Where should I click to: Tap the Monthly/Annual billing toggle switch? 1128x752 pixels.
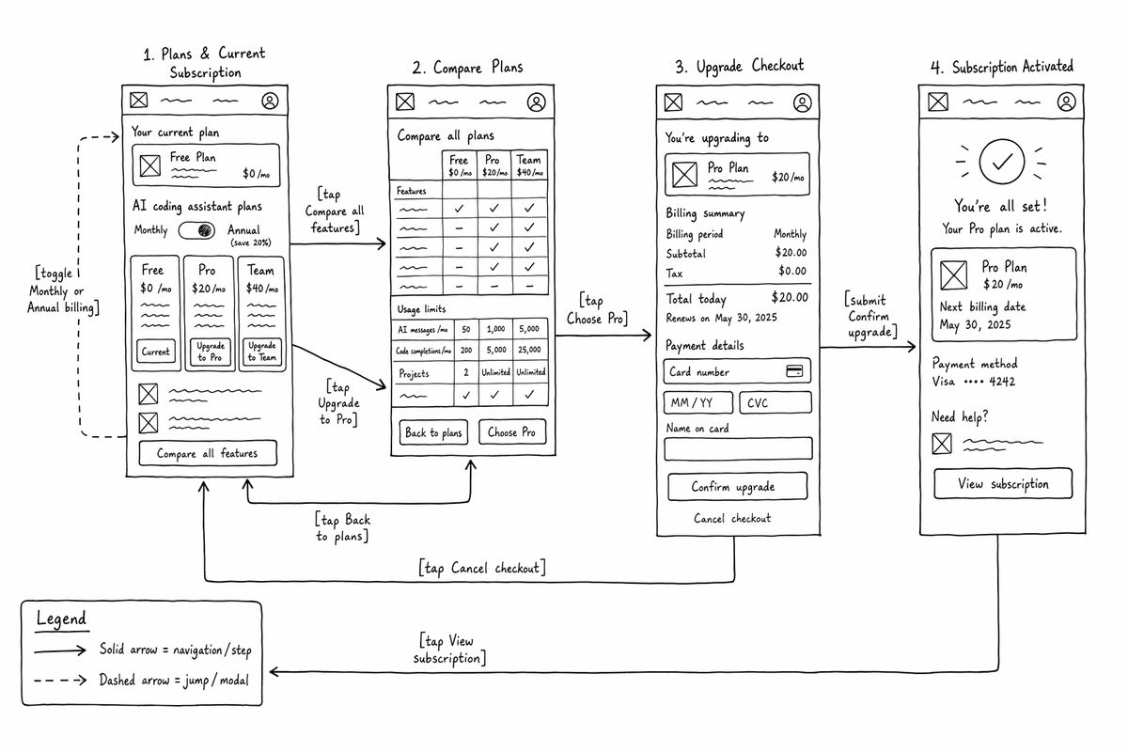(x=196, y=230)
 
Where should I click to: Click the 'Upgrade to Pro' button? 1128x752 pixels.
(x=210, y=352)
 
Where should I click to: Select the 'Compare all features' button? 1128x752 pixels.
(x=208, y=453)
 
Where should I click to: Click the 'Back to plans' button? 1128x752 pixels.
(x=433, y=432)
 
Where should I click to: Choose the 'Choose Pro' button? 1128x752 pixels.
(x=511, y=432)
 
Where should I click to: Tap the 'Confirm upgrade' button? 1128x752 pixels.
(x=737, y=487)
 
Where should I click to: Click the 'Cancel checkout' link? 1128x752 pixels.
(x=732, y=518)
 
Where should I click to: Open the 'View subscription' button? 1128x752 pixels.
(x=1003, y=484)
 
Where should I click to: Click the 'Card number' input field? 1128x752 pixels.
(x=737, y=371)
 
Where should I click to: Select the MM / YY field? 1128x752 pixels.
(x=697, y=403)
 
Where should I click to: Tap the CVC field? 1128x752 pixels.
(x=775, y=403)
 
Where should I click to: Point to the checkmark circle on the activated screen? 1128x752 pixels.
(x=1002, y=161)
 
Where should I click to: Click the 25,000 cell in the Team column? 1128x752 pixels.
(x=530, y=350)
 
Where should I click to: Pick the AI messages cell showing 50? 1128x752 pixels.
(x=466, y=329)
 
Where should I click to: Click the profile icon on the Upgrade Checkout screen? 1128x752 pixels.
(x=802, y=102)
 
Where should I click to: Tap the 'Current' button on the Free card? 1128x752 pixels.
(x=156, y=352)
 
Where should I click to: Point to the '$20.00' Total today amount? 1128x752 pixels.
(x=789, y=297)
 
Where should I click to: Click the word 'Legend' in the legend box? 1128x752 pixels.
(x=61, y=619)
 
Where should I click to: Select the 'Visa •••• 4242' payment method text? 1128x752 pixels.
(x=973, y=382)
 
